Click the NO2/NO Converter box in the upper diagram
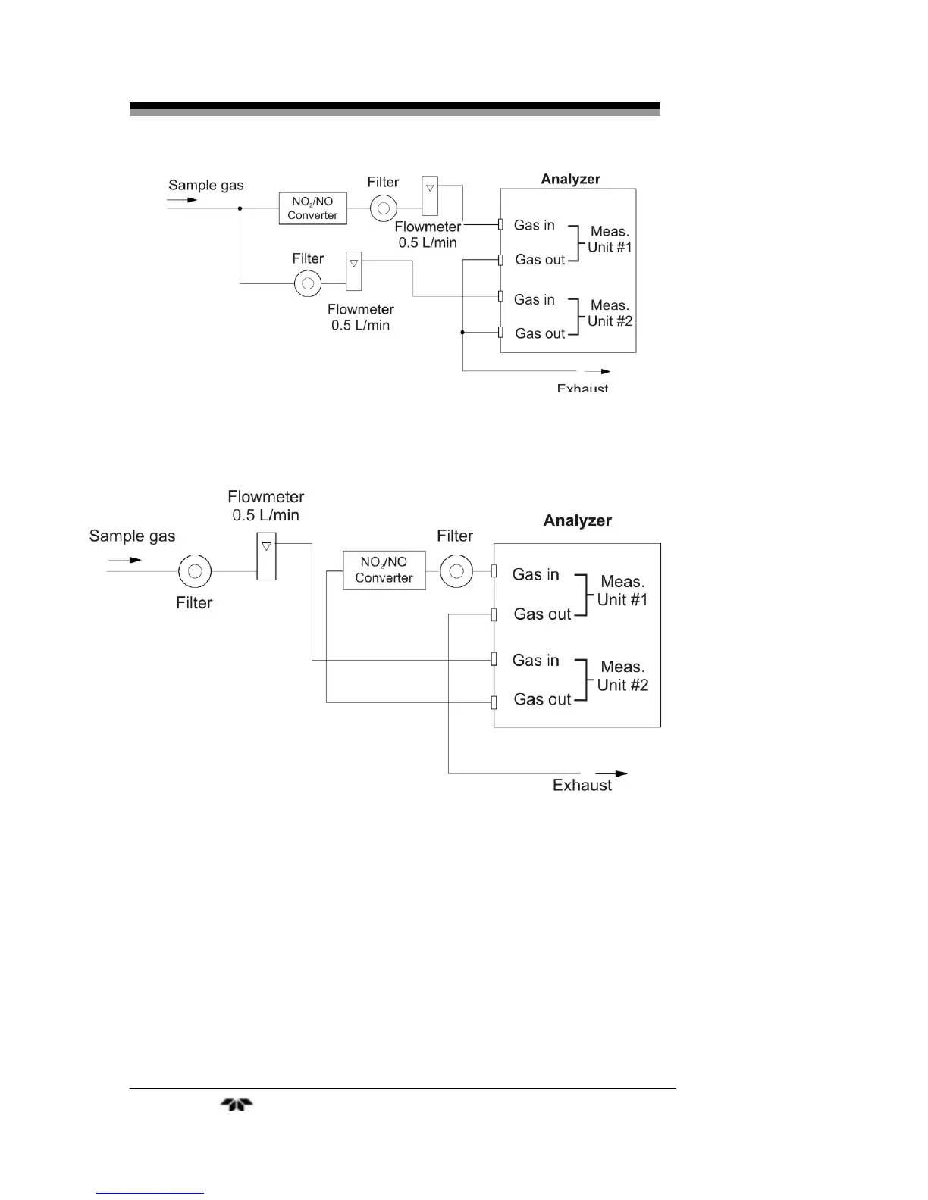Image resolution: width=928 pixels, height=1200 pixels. tap(312, 208)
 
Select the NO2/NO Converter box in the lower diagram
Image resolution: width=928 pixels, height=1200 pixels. tap(384, 570)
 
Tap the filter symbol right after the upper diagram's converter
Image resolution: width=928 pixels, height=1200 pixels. tap(384, 208)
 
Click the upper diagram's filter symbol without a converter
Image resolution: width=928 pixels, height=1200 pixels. tap(308, 283)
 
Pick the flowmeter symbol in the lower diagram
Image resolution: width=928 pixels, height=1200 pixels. tap(266, 556)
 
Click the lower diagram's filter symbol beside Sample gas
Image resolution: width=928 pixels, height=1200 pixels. tap(195, 571)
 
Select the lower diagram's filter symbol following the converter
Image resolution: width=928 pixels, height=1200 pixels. tap(456, 571)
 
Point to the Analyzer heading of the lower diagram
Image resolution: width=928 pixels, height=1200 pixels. tap(577, 520)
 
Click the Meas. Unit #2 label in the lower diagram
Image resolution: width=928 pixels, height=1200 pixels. tap(622, 676)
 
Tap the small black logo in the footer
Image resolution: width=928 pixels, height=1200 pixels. tap(237, 1105)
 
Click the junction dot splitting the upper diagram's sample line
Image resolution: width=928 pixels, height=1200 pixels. tap(240, 208)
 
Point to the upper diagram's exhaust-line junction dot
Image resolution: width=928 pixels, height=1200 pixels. tap(462, 333)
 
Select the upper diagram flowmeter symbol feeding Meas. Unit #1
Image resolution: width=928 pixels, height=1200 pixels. tap(430, 195)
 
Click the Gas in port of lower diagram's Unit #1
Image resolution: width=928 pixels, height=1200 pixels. tap(494, 571)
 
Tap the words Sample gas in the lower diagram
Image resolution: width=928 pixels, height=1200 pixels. tap(132, 536)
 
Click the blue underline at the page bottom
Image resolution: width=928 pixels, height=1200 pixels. tap(150, 1193)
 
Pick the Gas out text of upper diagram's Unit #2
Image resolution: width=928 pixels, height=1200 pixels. tap(540, 333)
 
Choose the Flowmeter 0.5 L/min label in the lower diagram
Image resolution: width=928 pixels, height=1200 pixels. tap(265, 506)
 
